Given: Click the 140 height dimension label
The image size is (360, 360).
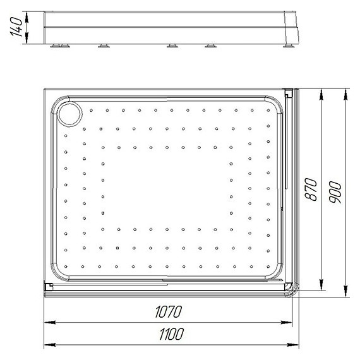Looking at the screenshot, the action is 16,27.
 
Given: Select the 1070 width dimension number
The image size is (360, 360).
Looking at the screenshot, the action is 169,311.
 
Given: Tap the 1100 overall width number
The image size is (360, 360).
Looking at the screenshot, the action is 172,334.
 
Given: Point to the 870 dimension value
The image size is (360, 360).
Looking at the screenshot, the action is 311,189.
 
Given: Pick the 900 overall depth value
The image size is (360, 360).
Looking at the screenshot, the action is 335,192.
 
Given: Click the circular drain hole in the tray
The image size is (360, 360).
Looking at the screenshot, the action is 69,114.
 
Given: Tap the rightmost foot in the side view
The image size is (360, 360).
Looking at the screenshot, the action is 289,45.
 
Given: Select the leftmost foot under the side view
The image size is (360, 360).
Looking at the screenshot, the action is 55,45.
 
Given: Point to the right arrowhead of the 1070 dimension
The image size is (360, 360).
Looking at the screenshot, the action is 287,322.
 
